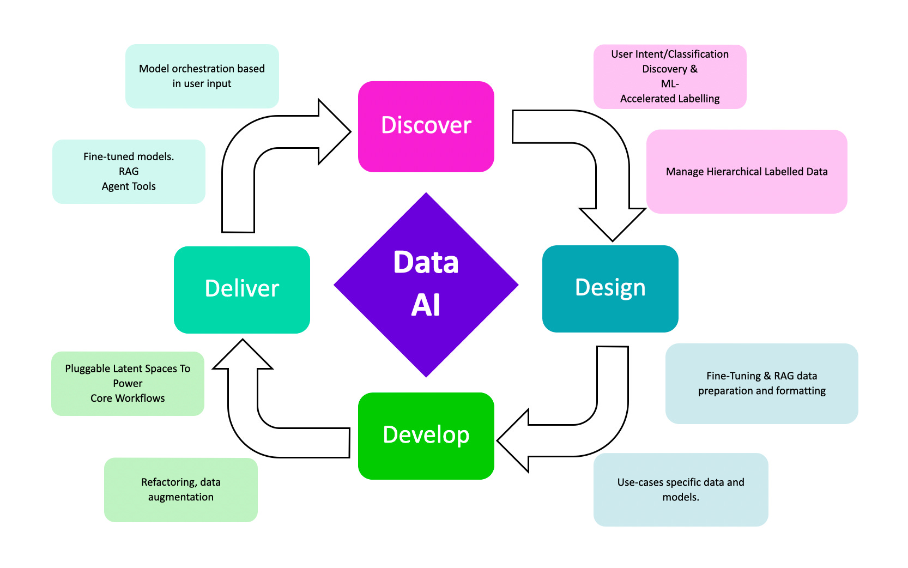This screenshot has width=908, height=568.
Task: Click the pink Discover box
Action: (x=426, y=126)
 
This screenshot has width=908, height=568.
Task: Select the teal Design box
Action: (x=610, y=288)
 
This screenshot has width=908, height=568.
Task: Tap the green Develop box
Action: (x=426, y=436)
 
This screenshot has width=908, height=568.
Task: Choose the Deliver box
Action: (x=241, y=289)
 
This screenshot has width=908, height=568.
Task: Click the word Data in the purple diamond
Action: (x=426, y=262)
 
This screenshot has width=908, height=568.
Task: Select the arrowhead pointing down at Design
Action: (x=612, y=223)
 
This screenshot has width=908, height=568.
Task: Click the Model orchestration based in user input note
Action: (x=202, y=76)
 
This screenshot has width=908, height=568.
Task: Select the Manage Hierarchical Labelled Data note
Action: (x=746, y=172)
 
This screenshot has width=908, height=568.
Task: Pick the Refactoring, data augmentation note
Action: (x=180, y=490)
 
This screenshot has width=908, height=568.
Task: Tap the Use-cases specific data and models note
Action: (x=680, y=490)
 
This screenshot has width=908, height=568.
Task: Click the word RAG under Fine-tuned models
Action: (x=129, y=171)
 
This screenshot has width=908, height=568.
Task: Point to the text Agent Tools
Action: (x=129, y=186)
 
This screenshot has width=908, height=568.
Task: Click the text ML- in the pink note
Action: (x=669, y=84)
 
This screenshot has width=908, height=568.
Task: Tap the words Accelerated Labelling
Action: (x=669, y=99)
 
